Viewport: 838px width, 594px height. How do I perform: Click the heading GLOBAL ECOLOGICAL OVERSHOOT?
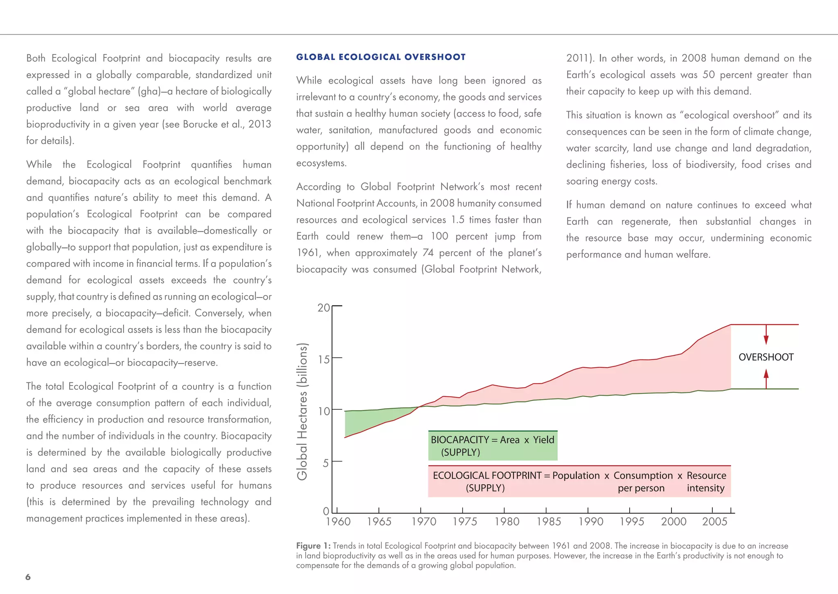point(381,57)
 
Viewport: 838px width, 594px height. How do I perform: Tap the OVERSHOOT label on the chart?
point(766,357)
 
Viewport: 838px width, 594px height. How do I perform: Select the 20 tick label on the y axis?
point(324,307)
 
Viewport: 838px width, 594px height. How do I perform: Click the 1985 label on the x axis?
point(548,522)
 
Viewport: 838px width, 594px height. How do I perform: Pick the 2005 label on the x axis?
point(714,522)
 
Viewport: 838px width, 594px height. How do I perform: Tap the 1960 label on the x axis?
point(338,522)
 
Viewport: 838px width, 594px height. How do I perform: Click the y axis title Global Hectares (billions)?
point(302,411)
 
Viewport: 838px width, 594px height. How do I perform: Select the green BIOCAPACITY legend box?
point(493,446)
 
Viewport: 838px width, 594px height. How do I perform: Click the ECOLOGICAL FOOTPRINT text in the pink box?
point(487,476)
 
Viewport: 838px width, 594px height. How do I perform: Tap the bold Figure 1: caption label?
point(313,546)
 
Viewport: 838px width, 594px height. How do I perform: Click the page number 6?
point(28,577)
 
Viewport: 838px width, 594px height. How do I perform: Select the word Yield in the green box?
point(543,440)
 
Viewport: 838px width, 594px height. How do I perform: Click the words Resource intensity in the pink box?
point(706,481)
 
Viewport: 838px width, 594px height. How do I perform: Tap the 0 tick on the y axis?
point(326,511)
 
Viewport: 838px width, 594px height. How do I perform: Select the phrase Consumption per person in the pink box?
point(642,481)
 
